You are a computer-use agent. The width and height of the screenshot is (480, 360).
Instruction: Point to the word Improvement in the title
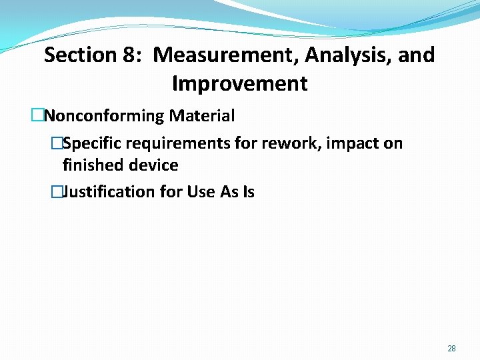[239, 84]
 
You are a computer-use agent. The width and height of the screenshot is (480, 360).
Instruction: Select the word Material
[201, 116]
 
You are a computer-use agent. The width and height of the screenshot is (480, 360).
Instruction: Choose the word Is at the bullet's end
[248, 192]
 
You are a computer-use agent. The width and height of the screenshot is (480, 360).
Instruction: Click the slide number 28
[451, 349]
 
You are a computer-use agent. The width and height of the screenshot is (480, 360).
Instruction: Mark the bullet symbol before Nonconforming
[37, 116]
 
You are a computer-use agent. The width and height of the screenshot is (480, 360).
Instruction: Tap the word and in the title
[417, 55]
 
